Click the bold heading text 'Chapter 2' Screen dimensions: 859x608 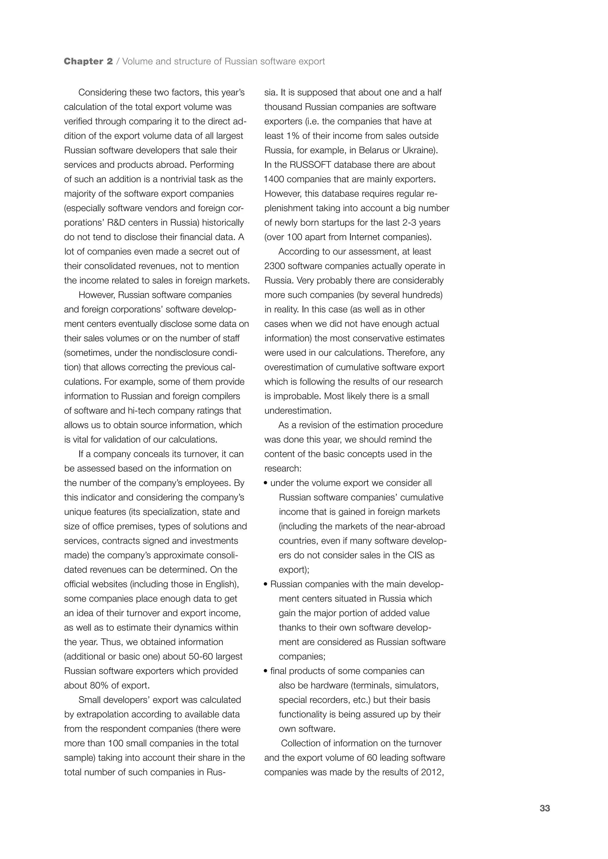coord(88,61)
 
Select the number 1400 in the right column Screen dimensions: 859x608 coord(274,179)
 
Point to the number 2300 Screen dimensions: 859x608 coord(274,266)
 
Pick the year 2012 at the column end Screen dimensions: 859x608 coord(431,772)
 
